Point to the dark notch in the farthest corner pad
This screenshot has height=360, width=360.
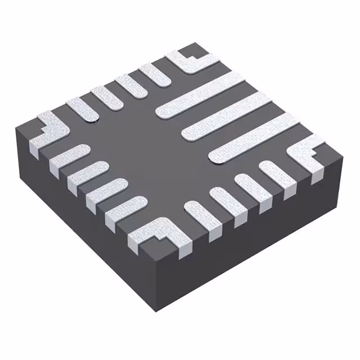191,56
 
